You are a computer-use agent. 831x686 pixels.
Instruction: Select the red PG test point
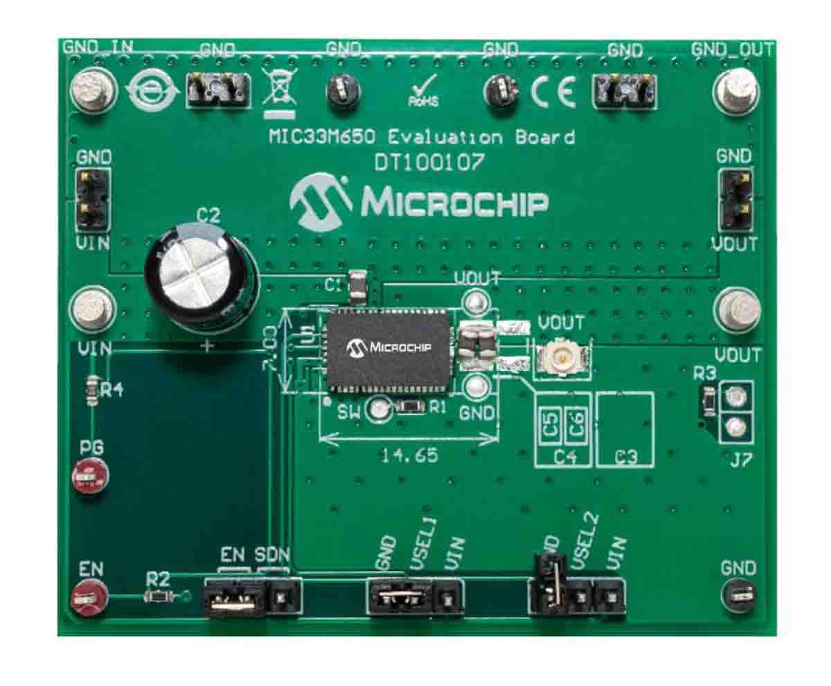89,477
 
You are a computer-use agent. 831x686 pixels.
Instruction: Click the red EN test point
88,596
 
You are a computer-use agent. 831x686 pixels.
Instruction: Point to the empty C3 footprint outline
625,428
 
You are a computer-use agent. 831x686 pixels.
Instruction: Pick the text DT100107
429,162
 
